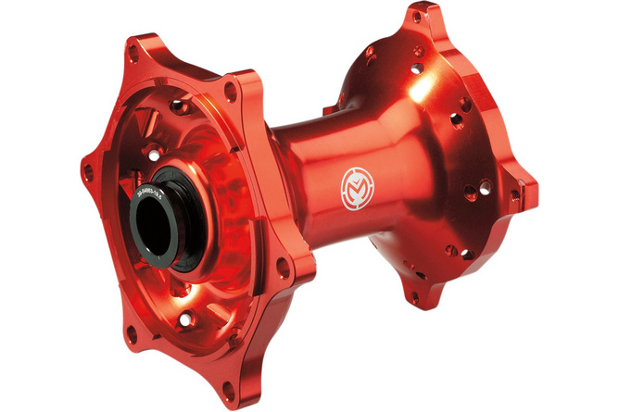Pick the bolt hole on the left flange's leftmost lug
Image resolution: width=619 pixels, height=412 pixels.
[88, 172]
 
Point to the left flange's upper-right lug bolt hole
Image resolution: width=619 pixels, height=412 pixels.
[230, 90]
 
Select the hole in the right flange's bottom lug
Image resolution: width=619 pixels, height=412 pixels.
[414, 297]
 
